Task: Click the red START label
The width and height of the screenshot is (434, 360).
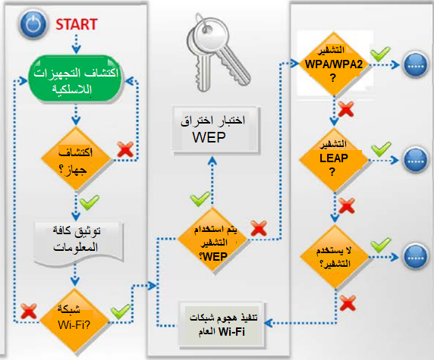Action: (77, 24)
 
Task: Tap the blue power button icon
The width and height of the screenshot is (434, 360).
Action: (33, 24)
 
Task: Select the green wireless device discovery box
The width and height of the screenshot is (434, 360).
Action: (75, 80)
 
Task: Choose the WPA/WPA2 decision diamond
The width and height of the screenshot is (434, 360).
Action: (334, 64)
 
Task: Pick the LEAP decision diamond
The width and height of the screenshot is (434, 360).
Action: (334, 160)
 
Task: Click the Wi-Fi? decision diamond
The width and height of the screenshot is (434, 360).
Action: (74, 321)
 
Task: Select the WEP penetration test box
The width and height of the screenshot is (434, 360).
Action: (215, 130)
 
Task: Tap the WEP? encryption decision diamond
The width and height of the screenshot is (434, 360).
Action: (212, 240)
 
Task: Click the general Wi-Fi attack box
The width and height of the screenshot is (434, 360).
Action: (222, 324)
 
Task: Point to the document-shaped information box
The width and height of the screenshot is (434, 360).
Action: (78, 243)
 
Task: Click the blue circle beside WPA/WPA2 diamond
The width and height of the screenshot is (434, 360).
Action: (416, 65)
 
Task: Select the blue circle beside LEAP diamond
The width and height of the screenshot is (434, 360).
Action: (416, 161)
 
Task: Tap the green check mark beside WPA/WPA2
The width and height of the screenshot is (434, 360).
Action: (380, 54)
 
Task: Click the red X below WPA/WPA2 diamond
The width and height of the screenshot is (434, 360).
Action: (346, 109)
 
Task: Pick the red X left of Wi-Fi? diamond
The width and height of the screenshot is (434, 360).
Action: (29, 311)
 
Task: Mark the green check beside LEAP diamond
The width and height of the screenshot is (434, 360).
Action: (381, 149)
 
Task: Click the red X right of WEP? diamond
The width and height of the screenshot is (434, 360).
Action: (259, 228)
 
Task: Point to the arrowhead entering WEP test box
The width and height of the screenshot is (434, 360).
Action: (212, 161)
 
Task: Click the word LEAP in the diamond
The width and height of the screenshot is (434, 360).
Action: (334, 158)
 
